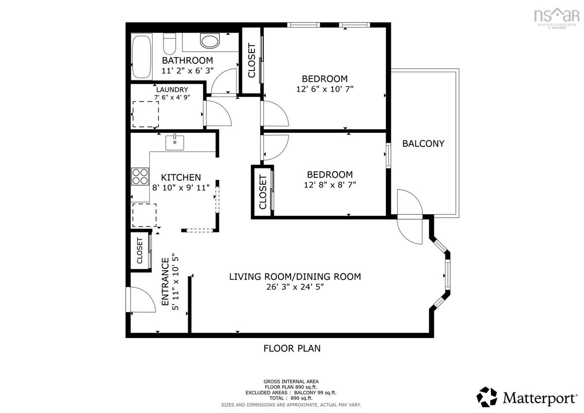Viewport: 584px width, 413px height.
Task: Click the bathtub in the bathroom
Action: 141,56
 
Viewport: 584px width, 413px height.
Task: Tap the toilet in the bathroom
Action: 169,43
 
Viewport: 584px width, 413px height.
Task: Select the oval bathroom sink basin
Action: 210,41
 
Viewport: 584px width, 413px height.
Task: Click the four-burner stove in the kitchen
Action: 140,176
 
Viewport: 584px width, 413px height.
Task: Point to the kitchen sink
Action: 175,142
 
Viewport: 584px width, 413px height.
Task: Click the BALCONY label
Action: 423,144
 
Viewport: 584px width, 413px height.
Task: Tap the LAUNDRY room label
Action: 172,90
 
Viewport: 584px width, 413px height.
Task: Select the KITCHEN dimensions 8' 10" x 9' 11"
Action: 181,188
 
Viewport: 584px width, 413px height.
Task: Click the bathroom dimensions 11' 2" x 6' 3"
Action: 187,71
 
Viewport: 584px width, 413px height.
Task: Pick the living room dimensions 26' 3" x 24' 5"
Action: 295,287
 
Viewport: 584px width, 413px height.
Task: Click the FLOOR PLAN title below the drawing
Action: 292,348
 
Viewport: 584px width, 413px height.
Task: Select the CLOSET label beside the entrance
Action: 140,251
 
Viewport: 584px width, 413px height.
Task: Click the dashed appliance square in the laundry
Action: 146,114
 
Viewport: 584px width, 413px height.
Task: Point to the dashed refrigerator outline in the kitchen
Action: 145,215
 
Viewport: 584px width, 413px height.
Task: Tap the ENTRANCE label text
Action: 165,282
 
